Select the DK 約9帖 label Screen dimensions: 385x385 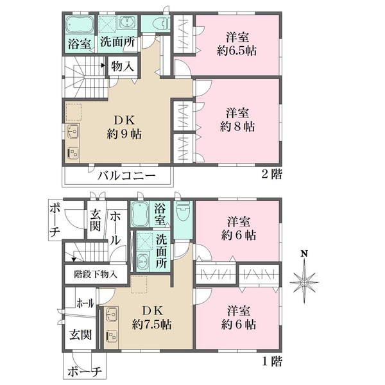tap(124, 128)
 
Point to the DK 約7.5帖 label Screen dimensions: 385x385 tap(151, 318)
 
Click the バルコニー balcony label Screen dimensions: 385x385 tap(126, 176)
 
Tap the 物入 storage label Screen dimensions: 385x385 tap(123, 66)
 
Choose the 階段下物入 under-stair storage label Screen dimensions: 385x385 tap(96, 274)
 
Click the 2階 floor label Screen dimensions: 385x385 tap(272, 175)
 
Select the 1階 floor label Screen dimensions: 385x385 tap(272, 361)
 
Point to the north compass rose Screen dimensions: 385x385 tap(304, 282)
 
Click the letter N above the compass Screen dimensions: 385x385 tap(304, 253)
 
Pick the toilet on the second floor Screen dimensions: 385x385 tap(161, 24)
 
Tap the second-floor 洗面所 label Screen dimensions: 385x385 tap(117, 42)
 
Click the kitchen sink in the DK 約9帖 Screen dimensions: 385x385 tap(73, 132)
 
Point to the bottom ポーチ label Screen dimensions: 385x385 tap(85, 372)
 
